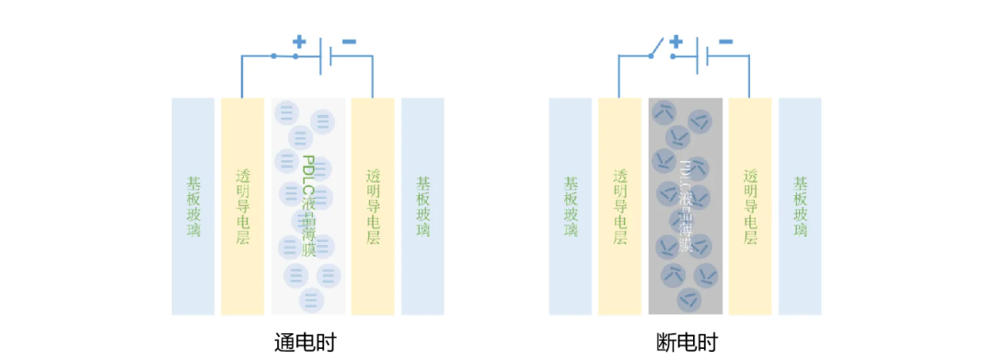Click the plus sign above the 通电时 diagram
pyautogui.click(x=299, y=41)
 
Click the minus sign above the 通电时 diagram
pyautogui.click(x=348, y=41)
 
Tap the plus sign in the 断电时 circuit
pyautogui.click(x=676, y=41)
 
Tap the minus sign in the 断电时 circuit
pyautogui.click(x=725, y=41)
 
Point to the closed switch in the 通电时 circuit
pyautogui.click(x=284, y=56)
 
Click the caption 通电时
pyautogui.click(x=306, y=342)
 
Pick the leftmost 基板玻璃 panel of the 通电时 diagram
pyautogui.click(x=192, y=206)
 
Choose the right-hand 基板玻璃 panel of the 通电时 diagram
pyautogui.click(x=422, y=206)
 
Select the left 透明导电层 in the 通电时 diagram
pyautogui.click(x=242, y=206)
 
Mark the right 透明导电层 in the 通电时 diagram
pyautogui.click(x=373, y=206)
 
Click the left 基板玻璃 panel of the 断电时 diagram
pyautogui.click(x=570, y=206)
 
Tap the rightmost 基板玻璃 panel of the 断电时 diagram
pyautogui.click(x=800, y=206)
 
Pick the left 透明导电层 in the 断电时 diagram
pyautogui.click(x=619, y=206)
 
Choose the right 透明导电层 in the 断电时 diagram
pyautogui.click(x=750, y=206)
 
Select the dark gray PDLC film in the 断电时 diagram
pyautogui.click(x=686, y=206)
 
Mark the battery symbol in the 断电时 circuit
pyautogui.click(x=702, y=56)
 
